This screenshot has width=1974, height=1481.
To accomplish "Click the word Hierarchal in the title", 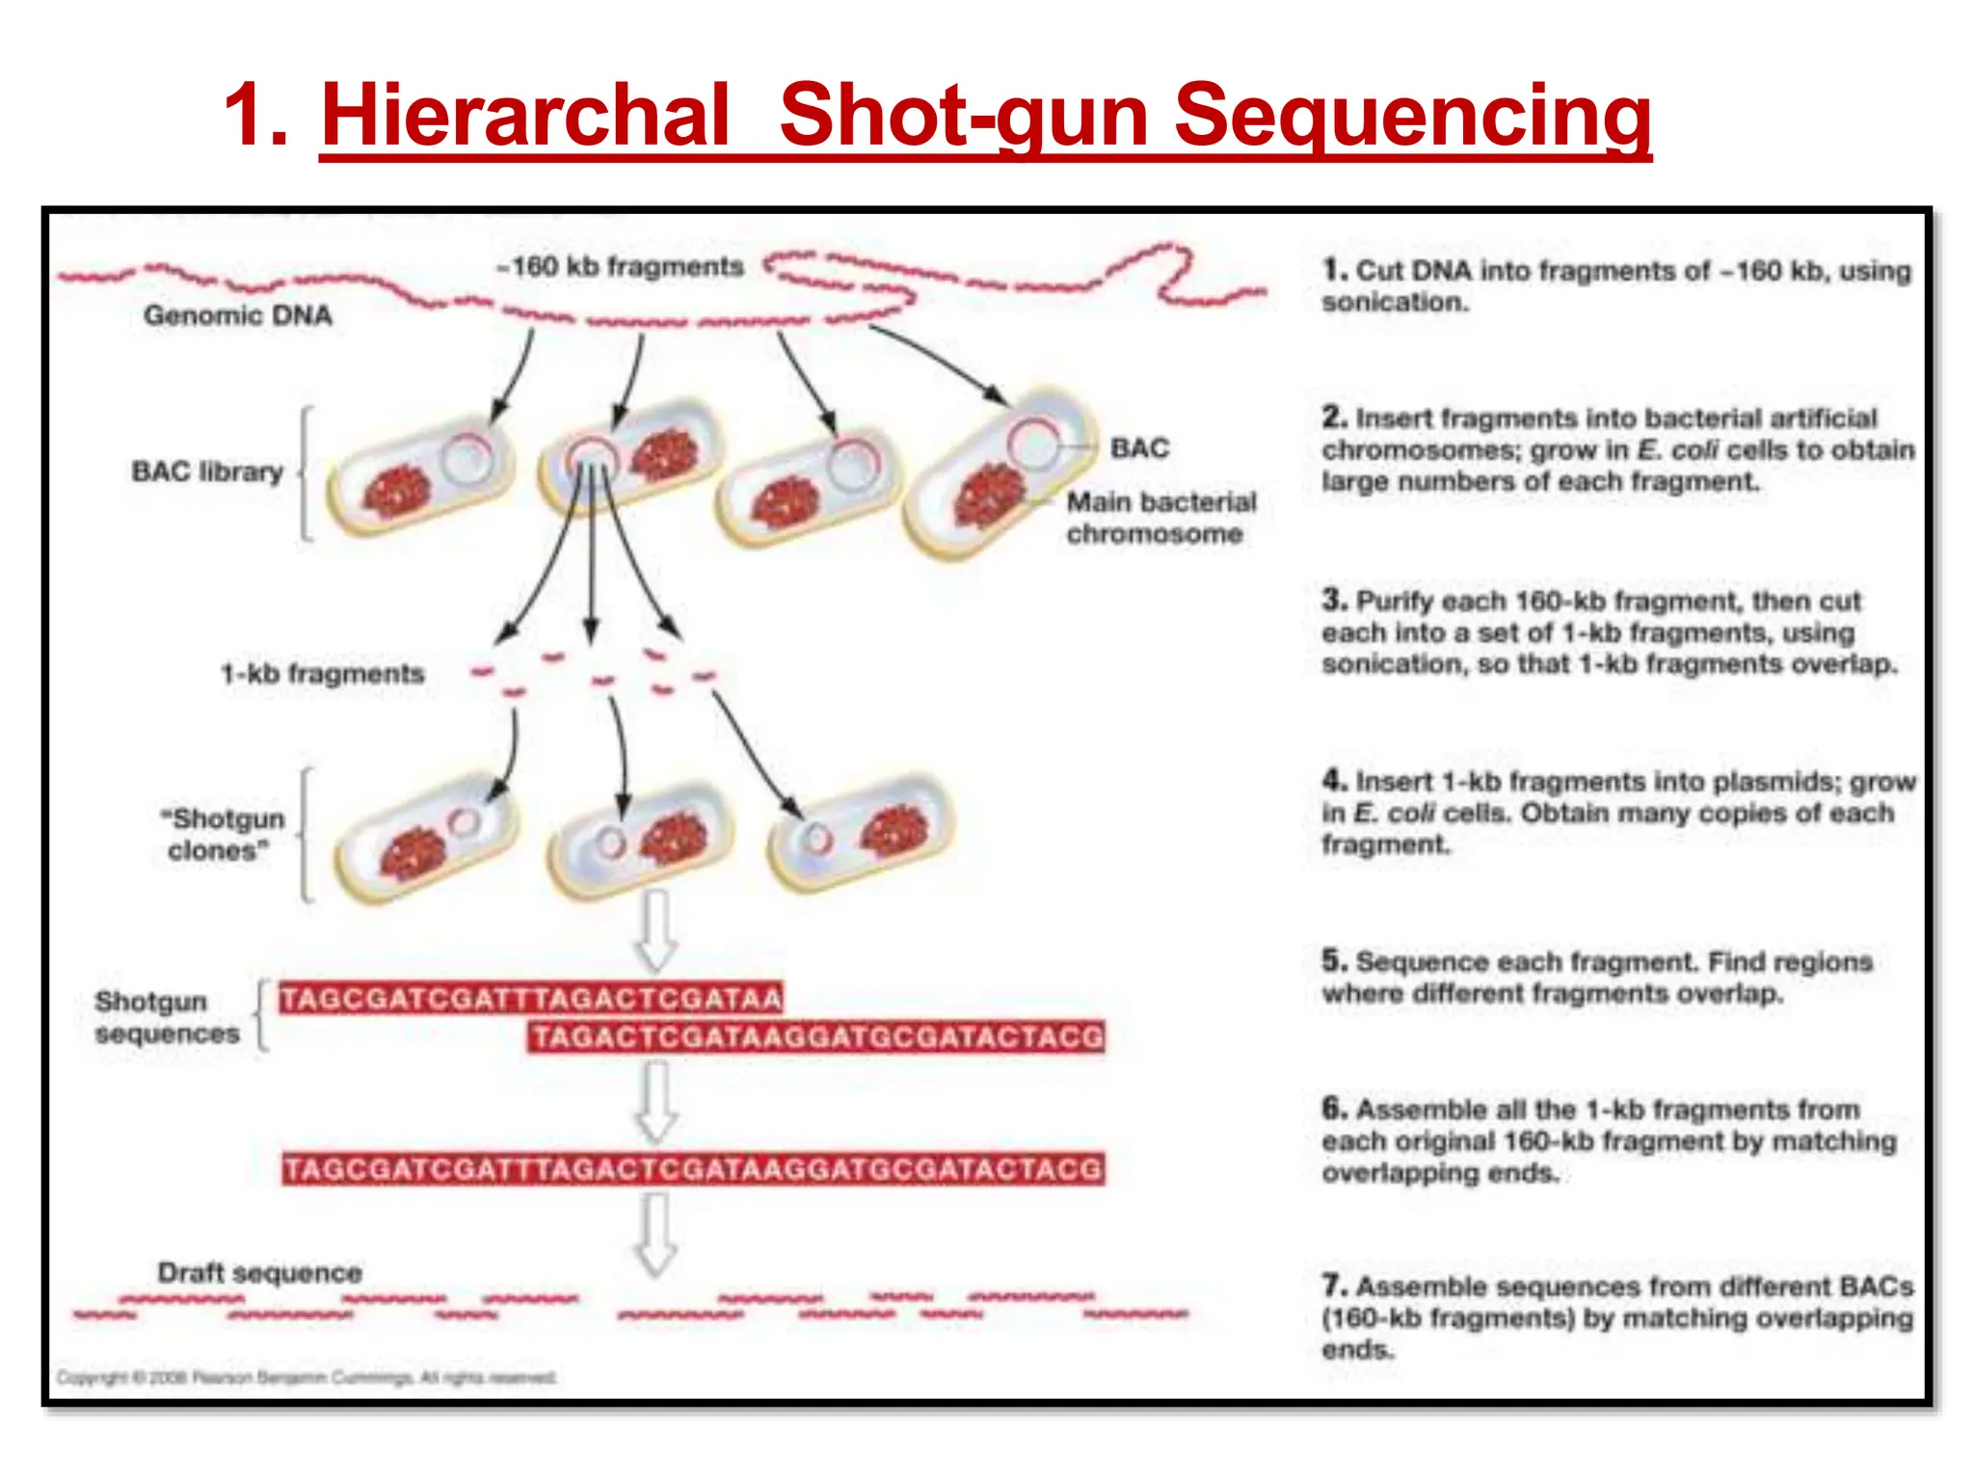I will (525, 116).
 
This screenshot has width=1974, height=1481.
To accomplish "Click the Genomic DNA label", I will (238, 315).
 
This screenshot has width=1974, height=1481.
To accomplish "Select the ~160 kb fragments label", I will (621, 266).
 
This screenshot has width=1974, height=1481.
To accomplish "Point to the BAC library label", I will (207, 471).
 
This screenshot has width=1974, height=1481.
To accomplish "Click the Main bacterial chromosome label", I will (1160, 518).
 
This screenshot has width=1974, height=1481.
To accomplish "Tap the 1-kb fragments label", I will (323, 673).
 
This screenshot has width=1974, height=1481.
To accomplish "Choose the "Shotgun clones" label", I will (224, 834).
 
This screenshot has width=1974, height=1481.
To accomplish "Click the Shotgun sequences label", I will (166, 1017).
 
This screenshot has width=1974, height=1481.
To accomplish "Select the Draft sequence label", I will (260, 1273).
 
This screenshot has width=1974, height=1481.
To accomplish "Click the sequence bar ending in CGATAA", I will (531, 998).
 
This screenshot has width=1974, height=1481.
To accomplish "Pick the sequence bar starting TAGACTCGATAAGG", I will (816, 1037).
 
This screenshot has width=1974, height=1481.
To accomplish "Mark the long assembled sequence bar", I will (694, 1170).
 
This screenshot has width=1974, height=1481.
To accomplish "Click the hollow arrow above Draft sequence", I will (656, 1234).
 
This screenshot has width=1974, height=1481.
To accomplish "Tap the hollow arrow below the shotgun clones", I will (656, 930).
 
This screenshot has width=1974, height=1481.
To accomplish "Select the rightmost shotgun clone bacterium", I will (861, 831).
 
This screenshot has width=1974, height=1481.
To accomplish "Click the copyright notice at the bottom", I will (307, 1377).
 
